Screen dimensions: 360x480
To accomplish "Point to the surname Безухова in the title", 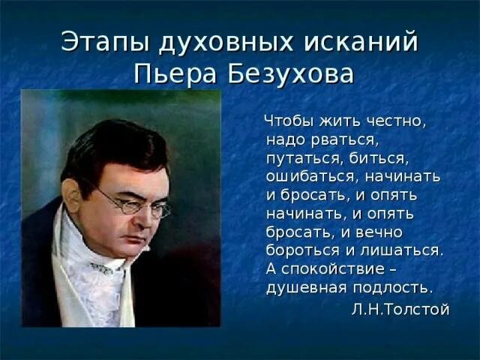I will pos(289,74).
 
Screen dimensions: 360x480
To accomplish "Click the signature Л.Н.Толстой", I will pos(400,310).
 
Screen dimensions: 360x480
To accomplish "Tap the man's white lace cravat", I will pos(97,285).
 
